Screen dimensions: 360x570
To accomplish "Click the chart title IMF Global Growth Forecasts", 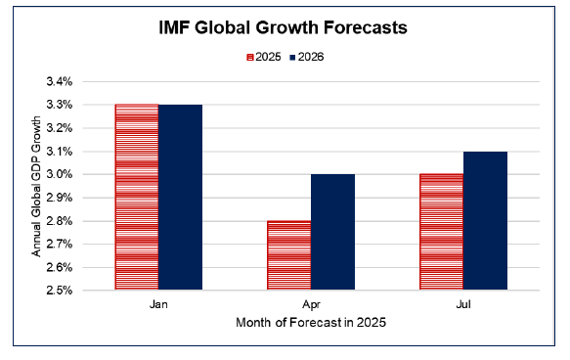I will [284, 28].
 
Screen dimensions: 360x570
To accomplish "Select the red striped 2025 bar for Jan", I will [137, 197].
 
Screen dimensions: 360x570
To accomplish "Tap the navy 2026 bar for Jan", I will [180, 197].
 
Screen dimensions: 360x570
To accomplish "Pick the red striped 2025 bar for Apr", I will [289, 255].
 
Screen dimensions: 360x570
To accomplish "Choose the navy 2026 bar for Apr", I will [332, 232].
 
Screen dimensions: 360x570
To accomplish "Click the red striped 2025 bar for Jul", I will [441, 232].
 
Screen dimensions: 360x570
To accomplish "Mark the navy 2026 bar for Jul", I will [485, 220].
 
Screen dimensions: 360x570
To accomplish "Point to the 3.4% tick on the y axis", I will [85, 81].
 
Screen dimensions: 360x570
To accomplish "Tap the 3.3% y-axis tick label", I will [85, 105].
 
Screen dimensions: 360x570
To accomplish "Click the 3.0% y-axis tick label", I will [85, 174].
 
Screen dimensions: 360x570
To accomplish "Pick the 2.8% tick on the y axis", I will [85, 221].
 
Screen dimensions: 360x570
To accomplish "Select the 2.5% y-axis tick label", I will [85, 291].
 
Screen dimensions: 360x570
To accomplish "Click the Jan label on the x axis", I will [158, 304].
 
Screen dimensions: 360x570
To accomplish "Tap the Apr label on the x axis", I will [311, 304].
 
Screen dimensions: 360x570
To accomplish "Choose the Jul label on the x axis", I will [463, 304].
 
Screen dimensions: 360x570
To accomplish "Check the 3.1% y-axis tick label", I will [85, 152].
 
